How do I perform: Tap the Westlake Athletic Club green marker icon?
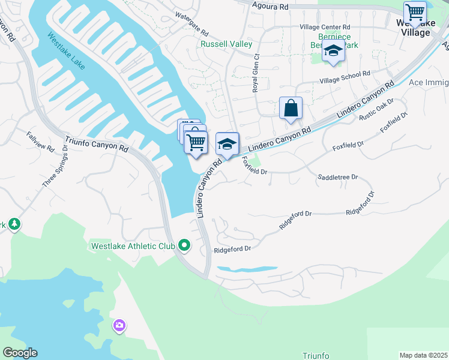point(184,245)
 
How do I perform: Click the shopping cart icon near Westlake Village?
point(415,11)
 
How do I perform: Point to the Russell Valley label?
point(226,44)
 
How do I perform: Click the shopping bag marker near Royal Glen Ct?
point(291,109)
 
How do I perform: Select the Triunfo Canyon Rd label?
point(97,144)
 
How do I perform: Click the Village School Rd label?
point(345,76)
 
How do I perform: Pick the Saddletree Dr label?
point(337,177)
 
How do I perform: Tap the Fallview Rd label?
point(40,141)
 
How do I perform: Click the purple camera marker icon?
point(119,326)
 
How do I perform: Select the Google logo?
point(20,353)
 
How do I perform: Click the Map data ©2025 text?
point(423,355)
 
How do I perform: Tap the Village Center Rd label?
point(325,27)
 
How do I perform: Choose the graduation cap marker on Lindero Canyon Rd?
point(227,144)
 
